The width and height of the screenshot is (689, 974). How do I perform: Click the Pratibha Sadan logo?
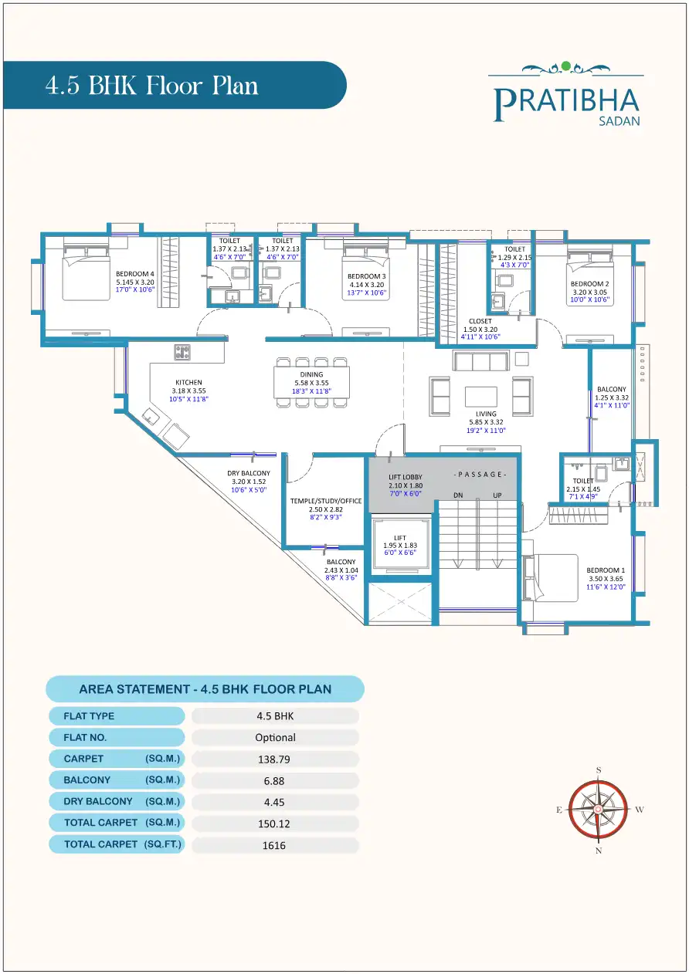click(x=566, y=96)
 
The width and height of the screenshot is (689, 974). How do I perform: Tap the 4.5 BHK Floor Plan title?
click(x=151, y=85)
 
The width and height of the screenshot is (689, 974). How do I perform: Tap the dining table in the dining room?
click(x=311, y=383)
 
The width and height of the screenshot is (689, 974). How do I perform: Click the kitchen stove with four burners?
click(x=183, y=352)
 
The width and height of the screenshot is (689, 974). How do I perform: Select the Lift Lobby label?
click(x=406, y=485)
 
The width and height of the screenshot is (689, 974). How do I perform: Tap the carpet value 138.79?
click(x=274, y=759)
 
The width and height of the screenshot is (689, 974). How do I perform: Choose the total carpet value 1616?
click(x=274, y=845)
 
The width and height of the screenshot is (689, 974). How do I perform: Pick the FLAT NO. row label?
click(x=85, y=737)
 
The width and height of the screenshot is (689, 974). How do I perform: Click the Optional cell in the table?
click(x=275, y=737)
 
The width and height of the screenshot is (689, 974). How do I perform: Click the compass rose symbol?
click(x=598, y=809)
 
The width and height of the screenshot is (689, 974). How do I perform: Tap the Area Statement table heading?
click(x=205, y=689)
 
